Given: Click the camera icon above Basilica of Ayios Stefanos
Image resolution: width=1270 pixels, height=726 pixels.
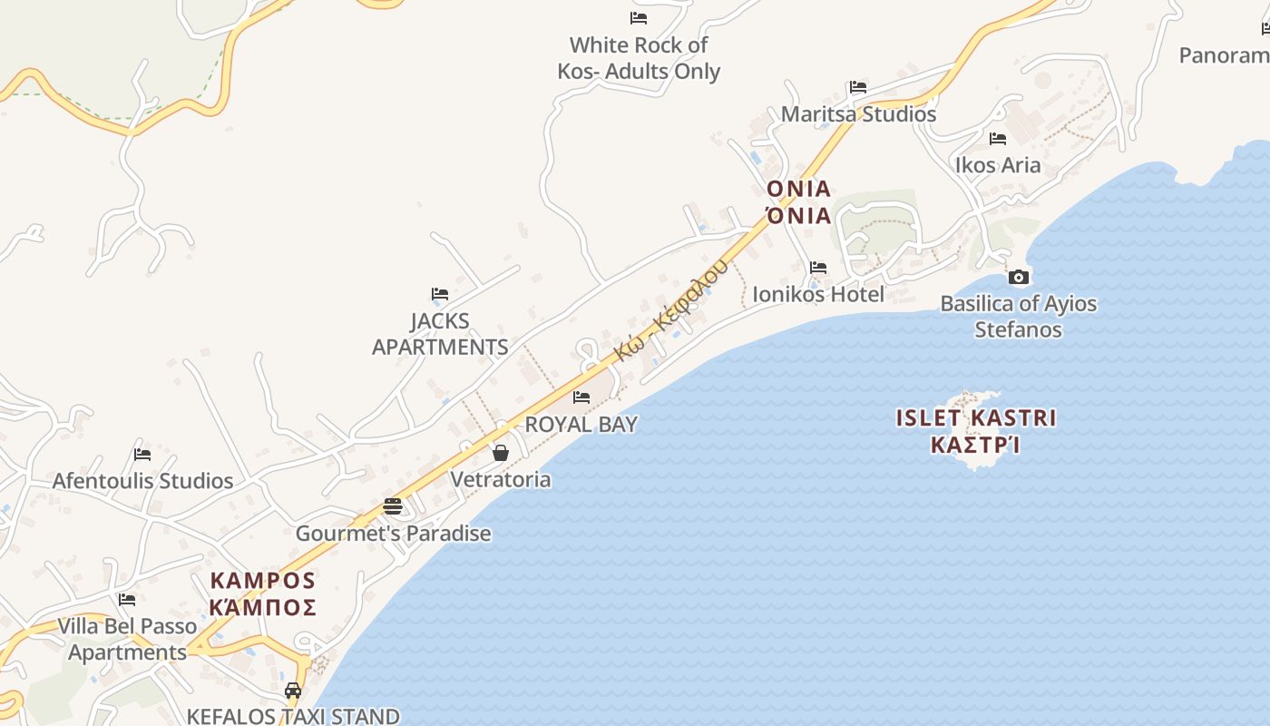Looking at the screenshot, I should pyautogui.click(x=1019, y=278).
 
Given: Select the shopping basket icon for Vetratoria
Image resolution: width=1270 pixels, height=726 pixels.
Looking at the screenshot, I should pyautogui.click(x=500, y=453).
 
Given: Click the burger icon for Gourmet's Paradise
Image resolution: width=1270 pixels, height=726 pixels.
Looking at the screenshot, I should pyautogui.click(x=393, y=506).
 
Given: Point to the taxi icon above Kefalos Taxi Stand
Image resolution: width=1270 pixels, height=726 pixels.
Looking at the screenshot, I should pyautogui.click(x=293, y=691).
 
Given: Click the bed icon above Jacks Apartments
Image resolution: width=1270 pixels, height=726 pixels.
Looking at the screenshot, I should pyautogui.click(x=440, y=294).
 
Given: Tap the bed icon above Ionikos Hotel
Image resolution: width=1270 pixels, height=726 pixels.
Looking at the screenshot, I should pyautogui.click(x=818, y=268).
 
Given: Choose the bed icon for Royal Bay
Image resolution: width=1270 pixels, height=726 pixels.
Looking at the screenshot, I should pyautogui.click(x=581, y=397).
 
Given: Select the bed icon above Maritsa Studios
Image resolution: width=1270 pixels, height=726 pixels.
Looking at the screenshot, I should pyautogui.click(x=858, y=88).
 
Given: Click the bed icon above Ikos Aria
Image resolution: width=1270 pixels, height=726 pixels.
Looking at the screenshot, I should pyautogui.click(x=998, y=139).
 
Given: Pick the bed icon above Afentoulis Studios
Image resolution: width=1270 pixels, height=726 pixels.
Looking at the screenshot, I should pyautogui.click(x=142, y=455).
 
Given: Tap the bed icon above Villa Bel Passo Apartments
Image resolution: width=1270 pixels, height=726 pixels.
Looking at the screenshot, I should pyautogui.click(x=127, y=600).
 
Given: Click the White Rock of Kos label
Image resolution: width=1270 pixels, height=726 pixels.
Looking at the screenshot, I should pyautogui.click(x=639, y=58).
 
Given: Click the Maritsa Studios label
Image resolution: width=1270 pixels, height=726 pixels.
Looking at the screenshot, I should pyautogui.click(x=858, y=114).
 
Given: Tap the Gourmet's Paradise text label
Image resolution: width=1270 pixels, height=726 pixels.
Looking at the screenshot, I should pyautogui.click(x=393, y=534).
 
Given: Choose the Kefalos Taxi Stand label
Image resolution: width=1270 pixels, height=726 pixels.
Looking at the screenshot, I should pyautogui.click(x=293, y=716).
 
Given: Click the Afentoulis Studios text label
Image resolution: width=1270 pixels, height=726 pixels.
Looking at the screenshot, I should pyautogui.click(x=142, y=481).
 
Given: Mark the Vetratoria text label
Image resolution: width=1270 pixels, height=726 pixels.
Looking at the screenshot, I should pyautogui.click(x=501, y=479).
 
